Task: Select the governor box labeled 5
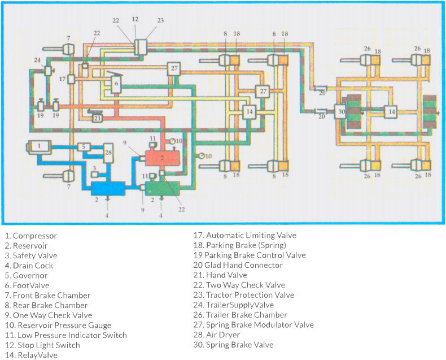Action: tap(84, 147)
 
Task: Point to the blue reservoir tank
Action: tap(108, 188)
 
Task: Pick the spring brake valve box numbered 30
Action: tap(340, 112)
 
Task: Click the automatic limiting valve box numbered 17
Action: tap(72, 79)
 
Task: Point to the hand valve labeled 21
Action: tap(97, 118)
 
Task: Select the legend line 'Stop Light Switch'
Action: tap(42, 345)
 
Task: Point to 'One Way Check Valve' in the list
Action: tap(47, 315)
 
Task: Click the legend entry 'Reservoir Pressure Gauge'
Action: tap(57, 325)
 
